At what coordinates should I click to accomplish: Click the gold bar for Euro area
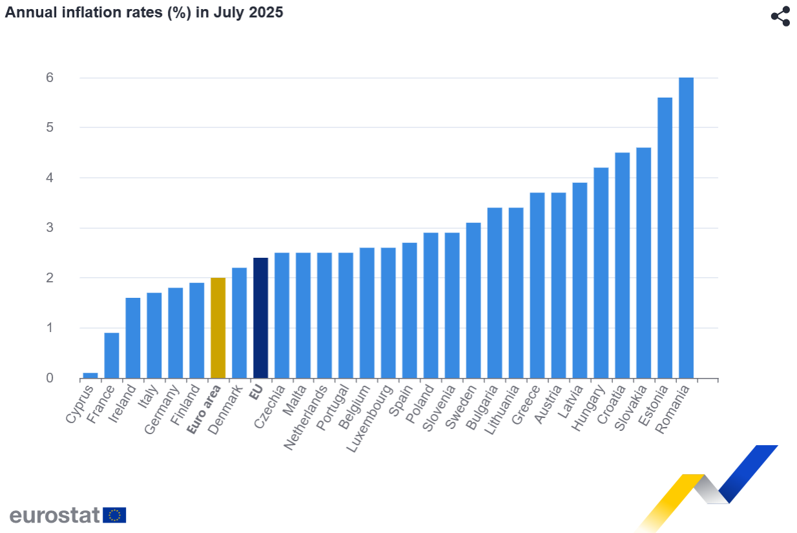click(218, 328)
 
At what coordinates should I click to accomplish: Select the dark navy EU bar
click(260, 318)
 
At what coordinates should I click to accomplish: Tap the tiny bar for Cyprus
click(90, 375)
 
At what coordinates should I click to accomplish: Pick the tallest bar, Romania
click(686, 227)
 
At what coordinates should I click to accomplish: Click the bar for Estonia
click(665, 238)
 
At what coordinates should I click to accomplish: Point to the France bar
click(112, 355)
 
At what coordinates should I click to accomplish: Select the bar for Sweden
click(473, 300)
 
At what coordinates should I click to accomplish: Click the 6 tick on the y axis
click(49, 78)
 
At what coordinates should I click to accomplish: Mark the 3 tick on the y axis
click(49, 228)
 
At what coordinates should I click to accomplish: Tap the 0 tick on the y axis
click(49, 378)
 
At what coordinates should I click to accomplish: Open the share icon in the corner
click(781, 17)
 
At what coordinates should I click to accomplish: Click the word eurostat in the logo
click(54, 515)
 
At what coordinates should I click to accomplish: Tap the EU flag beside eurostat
click(115, 515)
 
